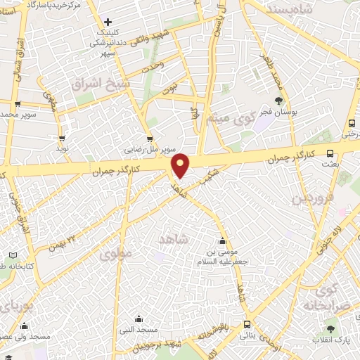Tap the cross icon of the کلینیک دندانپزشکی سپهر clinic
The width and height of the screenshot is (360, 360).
point(108,22)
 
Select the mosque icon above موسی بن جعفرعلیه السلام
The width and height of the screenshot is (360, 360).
point(223,241)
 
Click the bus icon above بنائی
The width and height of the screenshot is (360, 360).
point(247,324)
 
